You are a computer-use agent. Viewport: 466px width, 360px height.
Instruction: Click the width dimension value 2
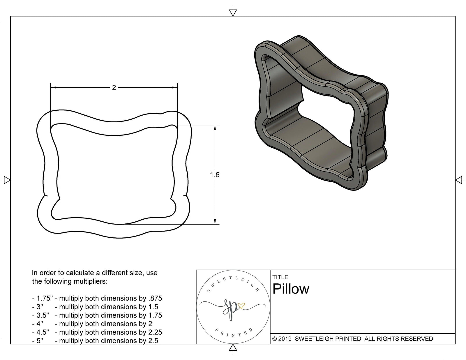[114, 87]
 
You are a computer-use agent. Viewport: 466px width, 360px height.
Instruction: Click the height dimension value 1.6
[215, 175]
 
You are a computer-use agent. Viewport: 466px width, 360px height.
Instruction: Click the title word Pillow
[291, 289]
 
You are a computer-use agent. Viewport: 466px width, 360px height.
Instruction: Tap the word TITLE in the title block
[280, 277]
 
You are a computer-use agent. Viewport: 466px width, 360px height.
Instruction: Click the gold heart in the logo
[241, 306]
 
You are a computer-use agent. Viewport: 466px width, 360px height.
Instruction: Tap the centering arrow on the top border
[233, 12]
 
